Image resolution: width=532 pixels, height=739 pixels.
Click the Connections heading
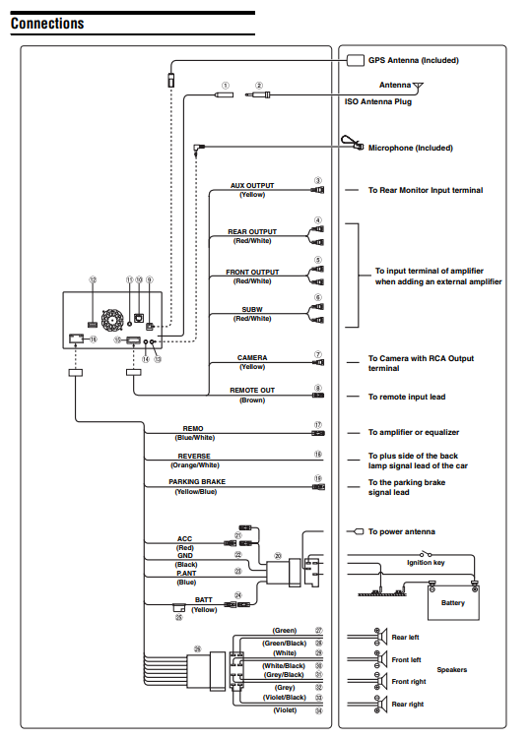[47, 24]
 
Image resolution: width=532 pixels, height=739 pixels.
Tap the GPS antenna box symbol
[356, 60]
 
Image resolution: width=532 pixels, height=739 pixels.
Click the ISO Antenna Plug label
[377, 101]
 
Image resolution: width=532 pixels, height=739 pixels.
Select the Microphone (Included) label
[410, 148]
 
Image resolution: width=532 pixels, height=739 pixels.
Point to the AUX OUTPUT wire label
[252, 186]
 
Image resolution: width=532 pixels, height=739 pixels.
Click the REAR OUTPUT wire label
[252, 232]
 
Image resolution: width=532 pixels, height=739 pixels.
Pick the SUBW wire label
[252, 310]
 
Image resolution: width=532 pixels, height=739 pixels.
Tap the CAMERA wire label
[252, 358]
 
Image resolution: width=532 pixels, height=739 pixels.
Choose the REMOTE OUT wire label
[252, 391]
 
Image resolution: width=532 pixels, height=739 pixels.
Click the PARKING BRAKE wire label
[197, 481]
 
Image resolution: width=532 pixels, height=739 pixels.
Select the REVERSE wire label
[194, 457]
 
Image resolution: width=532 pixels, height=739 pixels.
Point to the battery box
[453, 603]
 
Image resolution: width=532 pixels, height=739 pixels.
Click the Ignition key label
[426, 562]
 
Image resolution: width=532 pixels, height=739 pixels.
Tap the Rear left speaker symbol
[381, 637]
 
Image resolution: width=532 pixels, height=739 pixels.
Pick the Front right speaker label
[409, 682]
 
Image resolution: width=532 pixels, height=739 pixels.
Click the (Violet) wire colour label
[285, 710]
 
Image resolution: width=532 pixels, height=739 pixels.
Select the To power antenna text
[402, 531]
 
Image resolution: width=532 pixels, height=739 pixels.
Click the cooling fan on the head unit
[112, 319]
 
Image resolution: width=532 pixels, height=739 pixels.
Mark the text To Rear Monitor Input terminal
[426, 190]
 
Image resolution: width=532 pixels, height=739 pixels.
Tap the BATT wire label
[204, 600]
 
